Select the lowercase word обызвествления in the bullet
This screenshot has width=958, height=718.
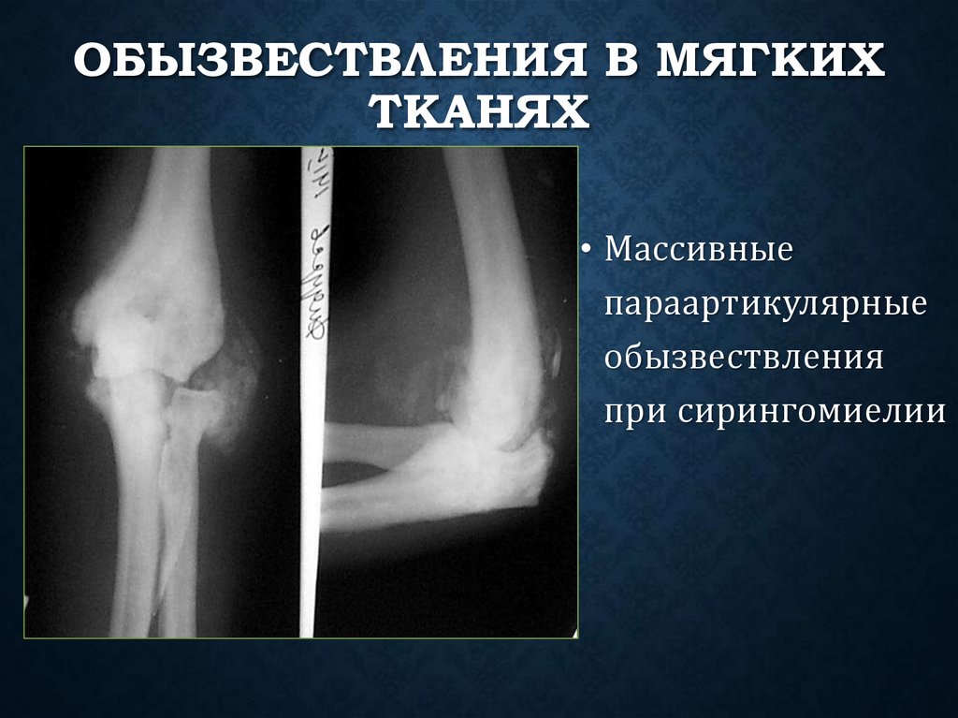[x=744, y=359]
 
